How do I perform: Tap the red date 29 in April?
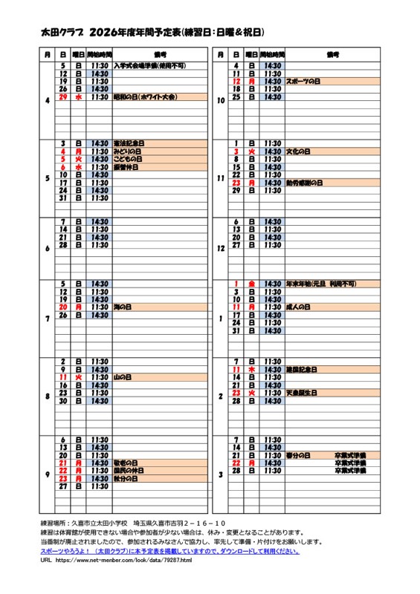[x=64, y=97]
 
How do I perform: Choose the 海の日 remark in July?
[x=122, y=307]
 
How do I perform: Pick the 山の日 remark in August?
[x=122, y=377]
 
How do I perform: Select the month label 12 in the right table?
[x=220, y=249]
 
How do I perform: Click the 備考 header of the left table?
[x=159, y=55]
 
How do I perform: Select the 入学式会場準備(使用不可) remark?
[x=149, y=65]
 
